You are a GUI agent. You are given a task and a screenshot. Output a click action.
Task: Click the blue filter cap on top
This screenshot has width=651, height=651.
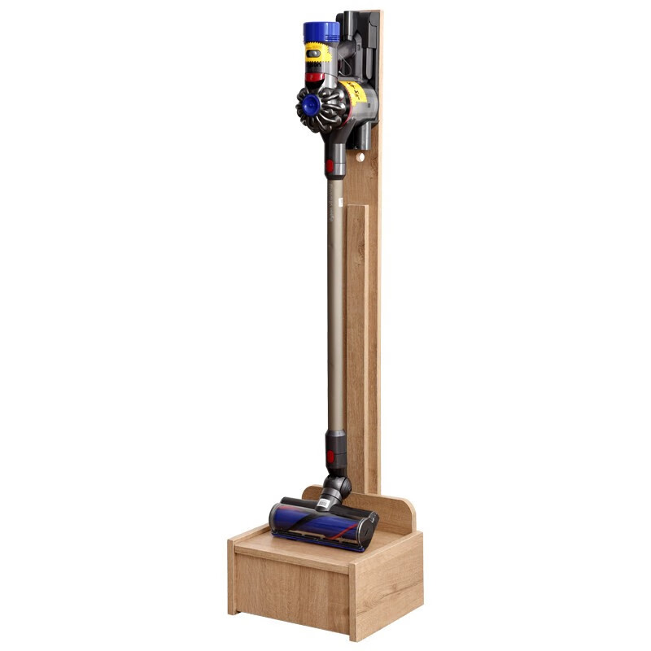coord(321,33)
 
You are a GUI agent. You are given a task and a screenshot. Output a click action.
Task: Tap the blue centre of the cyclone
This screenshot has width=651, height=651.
coord(309,104)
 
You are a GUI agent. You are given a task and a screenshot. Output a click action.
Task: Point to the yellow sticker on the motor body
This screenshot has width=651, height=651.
coord(355,94)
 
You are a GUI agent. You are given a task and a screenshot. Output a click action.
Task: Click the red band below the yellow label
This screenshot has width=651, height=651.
coord(316,78)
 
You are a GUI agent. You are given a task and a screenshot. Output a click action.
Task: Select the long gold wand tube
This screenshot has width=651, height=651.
coord(335,309)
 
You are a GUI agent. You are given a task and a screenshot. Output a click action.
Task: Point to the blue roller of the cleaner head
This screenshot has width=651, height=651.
coord(317,525)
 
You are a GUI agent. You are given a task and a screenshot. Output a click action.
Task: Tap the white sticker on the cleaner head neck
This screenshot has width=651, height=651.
coord(325,505)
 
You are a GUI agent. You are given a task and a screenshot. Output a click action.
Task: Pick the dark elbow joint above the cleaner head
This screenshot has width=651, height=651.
coord(336,487)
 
